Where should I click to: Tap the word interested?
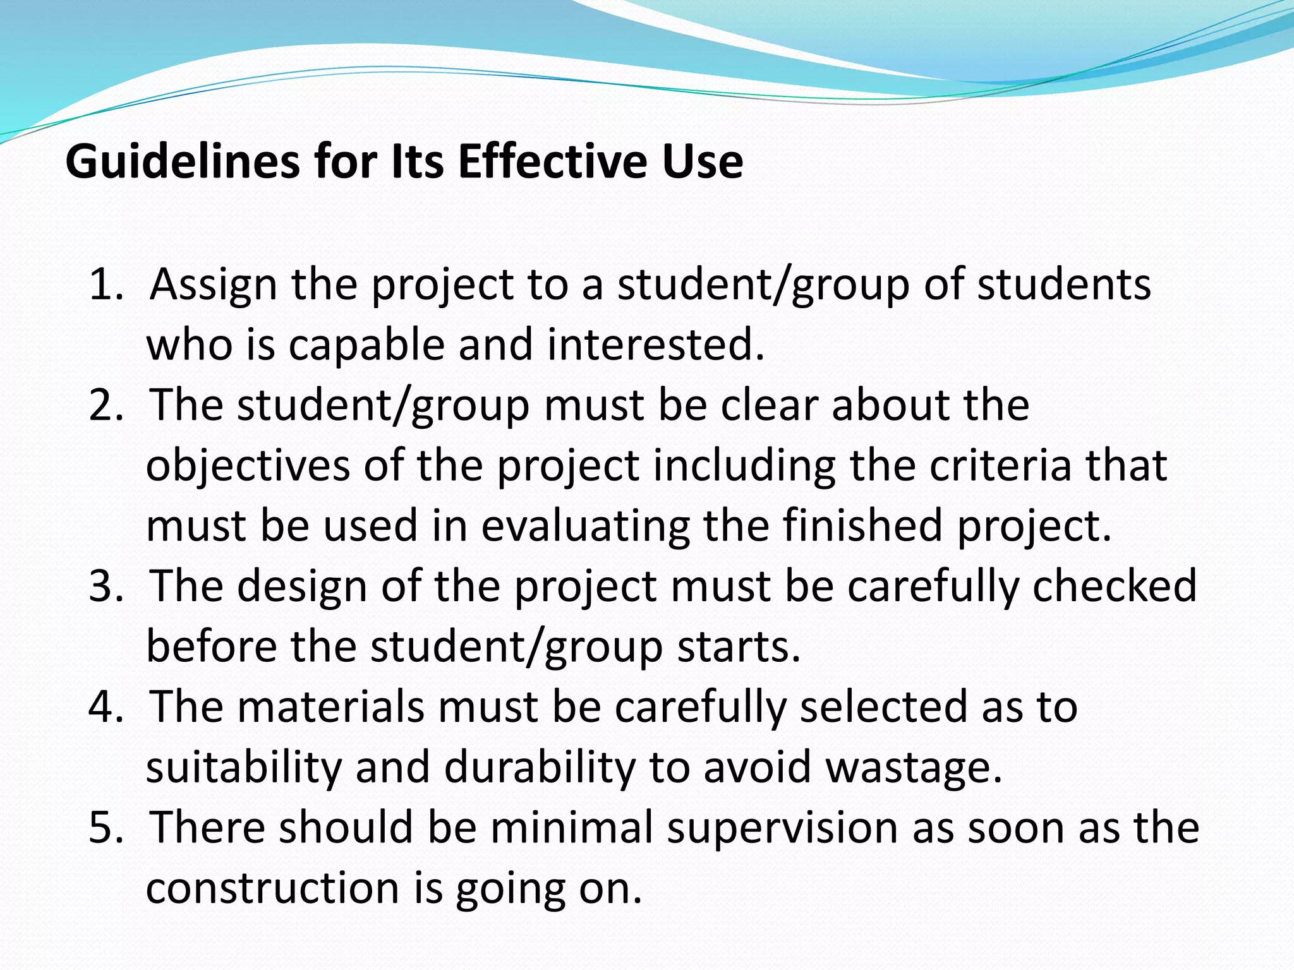click(655, 345)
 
